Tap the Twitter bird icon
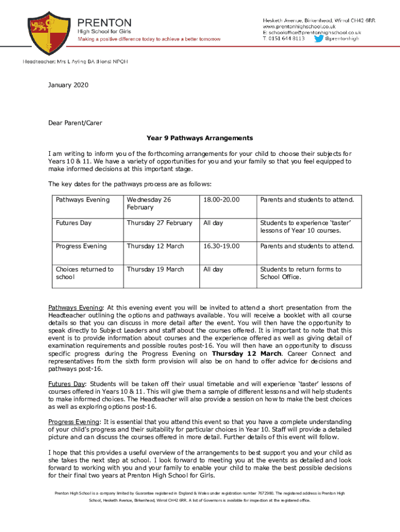pyautogui.click(x=318, y=38)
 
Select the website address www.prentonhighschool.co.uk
pyautogui.click(x=299, y=26)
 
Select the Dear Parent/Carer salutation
pyautogui.click(x=75, y=123)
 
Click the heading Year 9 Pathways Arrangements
pyautogui.click(x=199, y=138)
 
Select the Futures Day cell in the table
pyautogui.click(x=74, y=223)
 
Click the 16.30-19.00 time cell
pyautogui.click(x=221, y=246)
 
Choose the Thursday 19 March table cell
pyautogui.click(x=155, y=269)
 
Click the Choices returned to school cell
pyautogui.click(x=85, y=273)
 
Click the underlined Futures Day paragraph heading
pyautogui.click(x=67, y=384)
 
